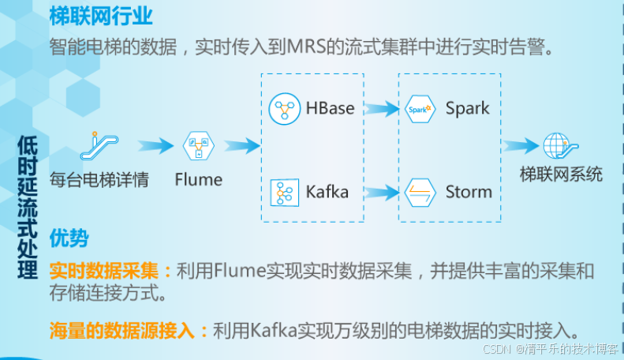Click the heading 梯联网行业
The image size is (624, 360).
point(101,15)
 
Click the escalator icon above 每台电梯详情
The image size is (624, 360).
point(99,144)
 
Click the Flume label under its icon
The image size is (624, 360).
point(198,179)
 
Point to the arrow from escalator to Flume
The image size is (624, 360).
point(155,145)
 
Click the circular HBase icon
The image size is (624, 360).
point(283,109)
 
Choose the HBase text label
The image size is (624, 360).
point(330,109)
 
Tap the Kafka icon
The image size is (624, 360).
point(283,192)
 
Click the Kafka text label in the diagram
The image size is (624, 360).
point(327,192)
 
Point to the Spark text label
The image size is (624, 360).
point(467,109)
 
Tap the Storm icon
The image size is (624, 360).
point(420,192)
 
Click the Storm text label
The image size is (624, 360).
point(469,192)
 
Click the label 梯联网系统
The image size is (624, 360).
point(561,174)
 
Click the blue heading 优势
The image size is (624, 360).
point(69,238)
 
